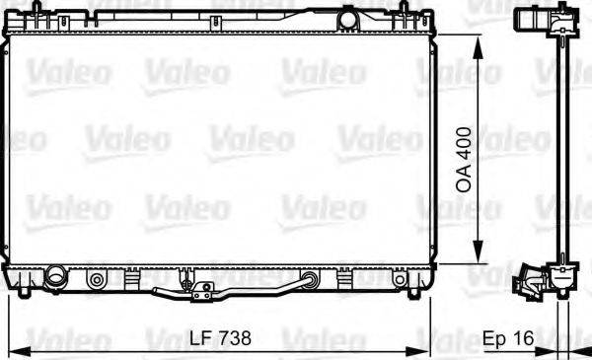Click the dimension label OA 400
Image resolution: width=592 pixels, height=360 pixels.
point(465,159)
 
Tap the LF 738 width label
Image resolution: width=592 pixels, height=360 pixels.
point(220,337)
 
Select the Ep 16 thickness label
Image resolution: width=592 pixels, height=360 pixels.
point(508,338)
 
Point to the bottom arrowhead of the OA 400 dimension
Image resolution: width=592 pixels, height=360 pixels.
point(478,251)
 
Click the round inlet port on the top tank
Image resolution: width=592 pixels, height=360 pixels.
point(347,19)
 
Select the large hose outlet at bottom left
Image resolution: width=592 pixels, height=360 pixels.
point(54,278)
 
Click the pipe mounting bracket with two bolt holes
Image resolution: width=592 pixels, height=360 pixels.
point(202,292)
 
